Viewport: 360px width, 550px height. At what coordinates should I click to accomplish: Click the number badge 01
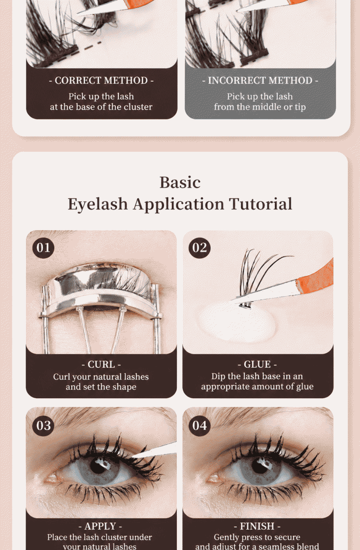pos(43,247)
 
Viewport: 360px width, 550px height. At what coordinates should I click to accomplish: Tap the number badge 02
pos(200,247)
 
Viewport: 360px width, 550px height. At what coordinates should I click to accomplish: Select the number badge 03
pos(43,426)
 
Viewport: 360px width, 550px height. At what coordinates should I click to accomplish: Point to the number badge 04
pos(200,426)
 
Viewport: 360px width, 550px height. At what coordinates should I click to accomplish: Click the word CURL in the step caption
pos(101,365)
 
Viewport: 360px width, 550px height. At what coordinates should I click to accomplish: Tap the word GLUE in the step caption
pos(257,365)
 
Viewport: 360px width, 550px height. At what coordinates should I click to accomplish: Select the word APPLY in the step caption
pos(100,526)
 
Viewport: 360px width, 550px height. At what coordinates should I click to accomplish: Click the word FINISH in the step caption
pos(257,526)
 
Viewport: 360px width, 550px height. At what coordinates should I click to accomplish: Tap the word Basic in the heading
pos(180,182)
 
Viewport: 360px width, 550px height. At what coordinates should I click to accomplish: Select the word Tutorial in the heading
pos(261,204)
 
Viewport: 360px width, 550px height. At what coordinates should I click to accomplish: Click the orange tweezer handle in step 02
pos(315,276)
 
